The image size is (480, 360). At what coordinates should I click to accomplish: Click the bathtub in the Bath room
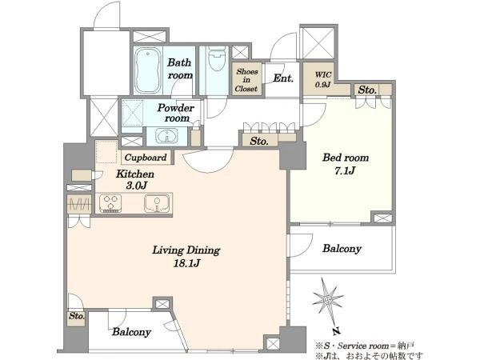coord(148,70)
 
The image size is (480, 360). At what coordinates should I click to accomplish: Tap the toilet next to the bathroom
coord(217,58)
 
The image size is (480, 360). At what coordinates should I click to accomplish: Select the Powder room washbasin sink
coord(166,135)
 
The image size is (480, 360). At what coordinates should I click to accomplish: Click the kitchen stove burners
coord(110,203)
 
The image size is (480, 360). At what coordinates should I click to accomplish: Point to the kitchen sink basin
coord(157,202)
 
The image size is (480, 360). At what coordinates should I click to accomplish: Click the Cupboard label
coord(146,158)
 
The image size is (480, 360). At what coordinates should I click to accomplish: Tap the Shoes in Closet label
coord(246,80)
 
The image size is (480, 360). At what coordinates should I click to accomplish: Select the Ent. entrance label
coord(283,78)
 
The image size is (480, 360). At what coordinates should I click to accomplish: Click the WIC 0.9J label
coord(323,79)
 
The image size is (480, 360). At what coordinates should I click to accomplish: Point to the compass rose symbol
coord(328,300)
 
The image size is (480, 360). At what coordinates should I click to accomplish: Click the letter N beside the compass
coord(337,330)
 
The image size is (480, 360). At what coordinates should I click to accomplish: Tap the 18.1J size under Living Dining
coord(186,263)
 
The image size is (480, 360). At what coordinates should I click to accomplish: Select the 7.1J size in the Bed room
coord(345,170)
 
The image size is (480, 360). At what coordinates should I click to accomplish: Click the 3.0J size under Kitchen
coord(136,186)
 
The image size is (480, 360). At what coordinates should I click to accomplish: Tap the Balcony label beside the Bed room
coord(342,248)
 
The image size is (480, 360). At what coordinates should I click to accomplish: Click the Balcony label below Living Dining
coord(131,332)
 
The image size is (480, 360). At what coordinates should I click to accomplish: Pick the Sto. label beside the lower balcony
coord(76,316)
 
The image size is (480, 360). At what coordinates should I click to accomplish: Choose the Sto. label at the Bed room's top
coord(367,90)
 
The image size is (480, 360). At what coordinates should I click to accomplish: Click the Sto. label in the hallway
coord(259,141)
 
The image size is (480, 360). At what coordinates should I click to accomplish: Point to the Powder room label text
coord(176,113)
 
